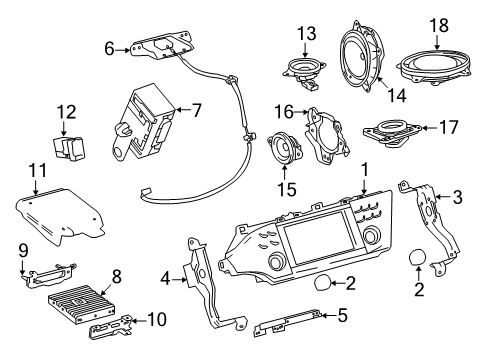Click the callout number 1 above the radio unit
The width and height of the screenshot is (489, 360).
tap(365, 170)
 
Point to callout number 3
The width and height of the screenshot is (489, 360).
tap(458, 197)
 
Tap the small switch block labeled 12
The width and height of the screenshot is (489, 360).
tap(70, 146)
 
